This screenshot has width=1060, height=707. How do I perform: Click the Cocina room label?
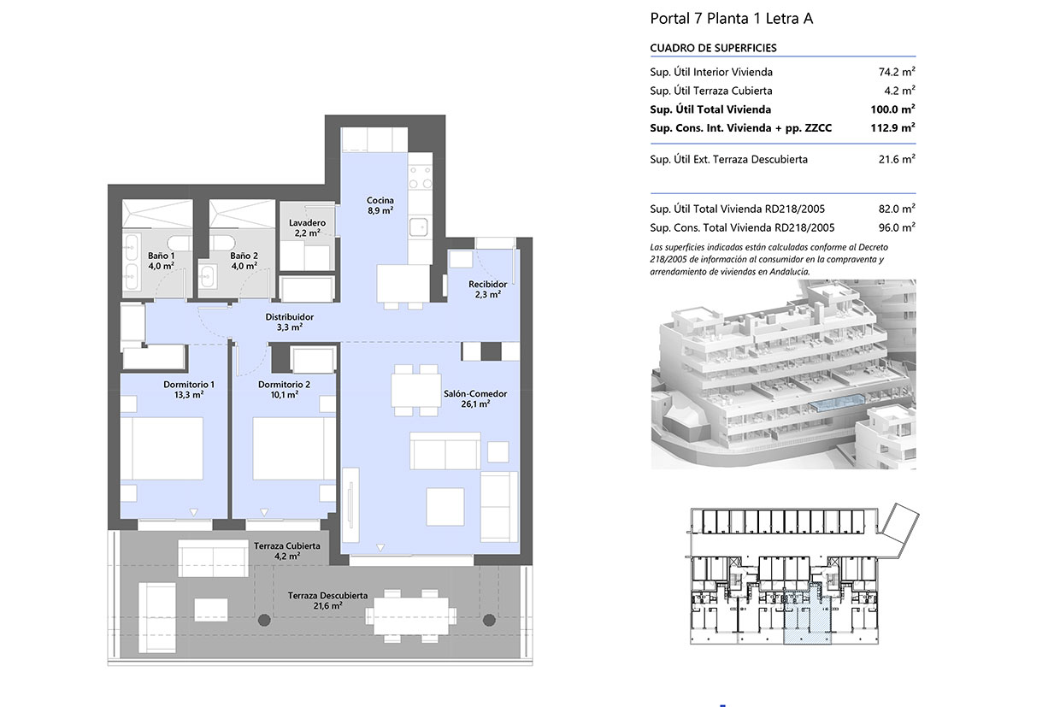380,205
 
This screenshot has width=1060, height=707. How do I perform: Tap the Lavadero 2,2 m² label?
307,227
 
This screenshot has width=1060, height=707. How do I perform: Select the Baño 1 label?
161,261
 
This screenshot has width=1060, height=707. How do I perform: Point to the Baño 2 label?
244,261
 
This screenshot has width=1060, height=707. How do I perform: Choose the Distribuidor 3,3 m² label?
289,321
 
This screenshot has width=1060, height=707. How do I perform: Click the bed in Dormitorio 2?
294,448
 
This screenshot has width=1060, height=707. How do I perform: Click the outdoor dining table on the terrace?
410,616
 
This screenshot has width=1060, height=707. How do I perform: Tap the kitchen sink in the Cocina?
419,227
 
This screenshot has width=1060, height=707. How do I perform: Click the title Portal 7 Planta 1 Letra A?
731,19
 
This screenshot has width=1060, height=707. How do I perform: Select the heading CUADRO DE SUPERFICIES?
713,48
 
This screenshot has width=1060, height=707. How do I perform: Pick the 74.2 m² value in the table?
897,72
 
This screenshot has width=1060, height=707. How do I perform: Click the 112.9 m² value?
892,127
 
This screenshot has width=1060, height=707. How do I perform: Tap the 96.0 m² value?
897,227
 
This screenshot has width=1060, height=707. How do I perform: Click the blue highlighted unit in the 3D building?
837,403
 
